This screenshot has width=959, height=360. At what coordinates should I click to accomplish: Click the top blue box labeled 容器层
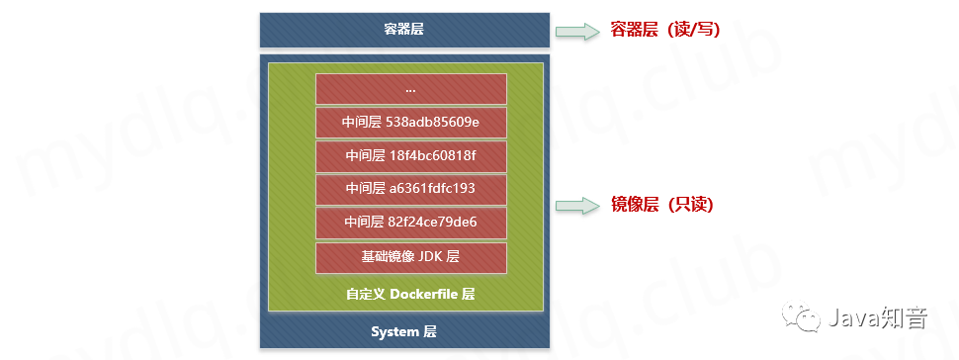404,30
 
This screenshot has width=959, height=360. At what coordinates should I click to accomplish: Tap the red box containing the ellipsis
410,89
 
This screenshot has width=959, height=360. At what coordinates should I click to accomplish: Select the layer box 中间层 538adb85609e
410,123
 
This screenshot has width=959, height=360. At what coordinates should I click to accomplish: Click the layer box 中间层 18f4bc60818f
410,156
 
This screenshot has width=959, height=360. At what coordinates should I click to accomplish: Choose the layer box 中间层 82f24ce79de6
410,223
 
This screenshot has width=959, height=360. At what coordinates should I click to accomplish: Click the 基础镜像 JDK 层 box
410,257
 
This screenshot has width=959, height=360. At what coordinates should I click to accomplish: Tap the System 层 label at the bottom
404,330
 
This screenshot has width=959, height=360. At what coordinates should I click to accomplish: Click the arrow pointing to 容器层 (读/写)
578,32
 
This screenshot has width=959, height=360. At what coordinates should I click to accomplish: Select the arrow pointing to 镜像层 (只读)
578,206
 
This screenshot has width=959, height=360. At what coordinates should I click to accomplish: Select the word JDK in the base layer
430,257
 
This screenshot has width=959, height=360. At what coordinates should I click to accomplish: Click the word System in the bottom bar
395,330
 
